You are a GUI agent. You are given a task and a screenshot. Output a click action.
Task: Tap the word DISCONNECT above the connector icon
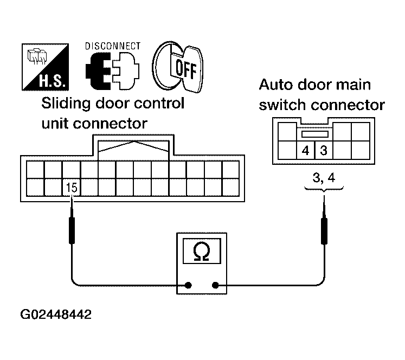click(113, 46)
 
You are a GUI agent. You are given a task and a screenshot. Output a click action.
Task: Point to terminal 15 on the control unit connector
click(70, 188)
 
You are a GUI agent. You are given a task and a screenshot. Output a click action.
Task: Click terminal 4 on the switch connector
click(306, 150)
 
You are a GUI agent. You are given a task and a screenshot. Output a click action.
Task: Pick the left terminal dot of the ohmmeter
click(189, 285)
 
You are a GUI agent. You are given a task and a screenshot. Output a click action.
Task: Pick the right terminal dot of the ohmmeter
click(216, 285)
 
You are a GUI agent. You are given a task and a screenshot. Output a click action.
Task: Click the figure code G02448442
click(56, 315)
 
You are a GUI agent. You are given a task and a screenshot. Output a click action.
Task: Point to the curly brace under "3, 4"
click(324, 188)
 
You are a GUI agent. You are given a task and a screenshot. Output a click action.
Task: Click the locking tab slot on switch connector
click(315, 133)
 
